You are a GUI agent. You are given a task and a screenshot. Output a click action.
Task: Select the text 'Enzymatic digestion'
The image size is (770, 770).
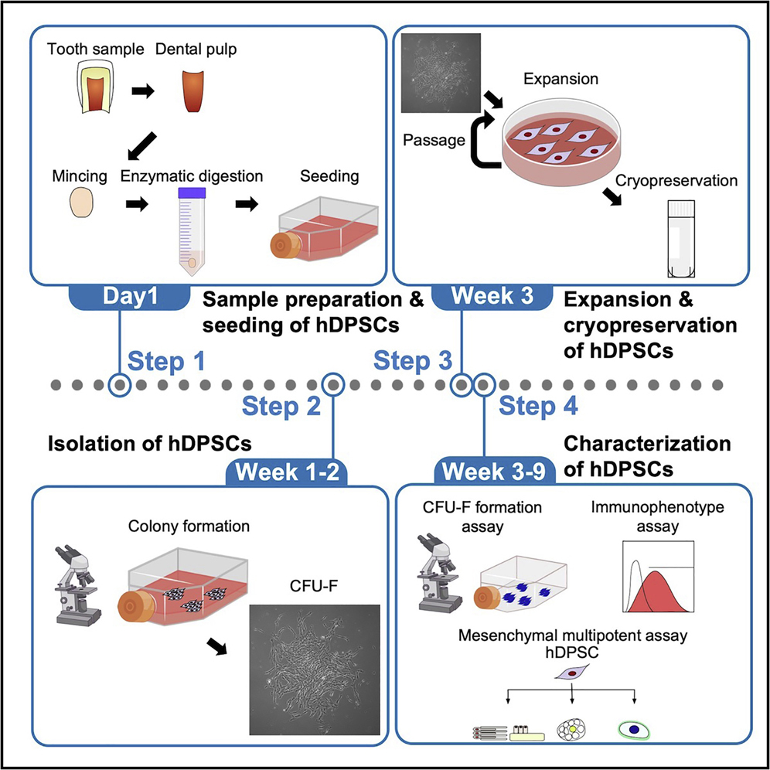click(191, 177)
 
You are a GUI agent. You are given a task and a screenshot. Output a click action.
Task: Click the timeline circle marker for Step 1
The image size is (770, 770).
click(119, 383)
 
